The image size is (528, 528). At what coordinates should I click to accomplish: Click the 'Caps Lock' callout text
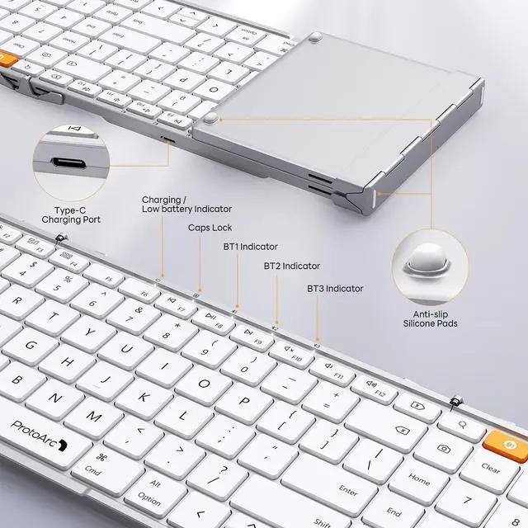click(x=210, y=227)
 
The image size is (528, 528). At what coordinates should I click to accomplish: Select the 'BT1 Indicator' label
click(x=250, y=247)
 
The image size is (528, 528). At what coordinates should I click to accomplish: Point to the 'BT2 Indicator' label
click(x=291, y=266)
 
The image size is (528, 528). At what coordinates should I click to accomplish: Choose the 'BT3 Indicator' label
click(x=335, y=289)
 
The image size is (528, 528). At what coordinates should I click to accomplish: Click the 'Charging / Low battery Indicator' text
click(x=186, y=205)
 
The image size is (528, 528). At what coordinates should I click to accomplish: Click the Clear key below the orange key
click(x=490, y=467)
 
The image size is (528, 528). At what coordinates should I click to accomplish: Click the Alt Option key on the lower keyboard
click(x=150, y=493)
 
